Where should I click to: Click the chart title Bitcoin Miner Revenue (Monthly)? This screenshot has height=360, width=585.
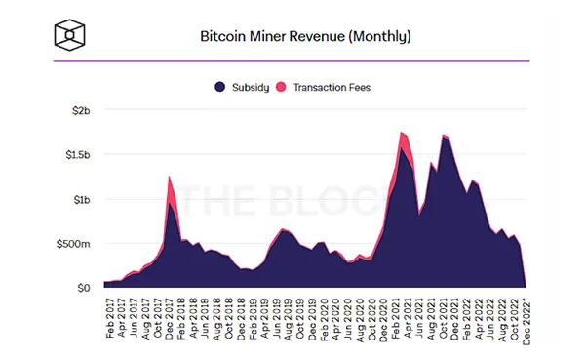[305, 37]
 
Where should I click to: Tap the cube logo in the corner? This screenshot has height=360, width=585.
[70, 35]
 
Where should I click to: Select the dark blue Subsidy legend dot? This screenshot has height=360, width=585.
[220, 87]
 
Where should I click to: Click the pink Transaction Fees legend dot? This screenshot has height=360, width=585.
[281, 87]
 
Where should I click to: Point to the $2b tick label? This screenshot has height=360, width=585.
[81, 110]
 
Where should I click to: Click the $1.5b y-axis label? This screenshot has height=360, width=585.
[78, 154]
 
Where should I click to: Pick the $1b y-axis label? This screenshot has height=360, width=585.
[82, 200]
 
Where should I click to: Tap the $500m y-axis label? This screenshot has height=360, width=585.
[73, 244]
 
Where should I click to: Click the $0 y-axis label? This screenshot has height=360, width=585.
[84, 288]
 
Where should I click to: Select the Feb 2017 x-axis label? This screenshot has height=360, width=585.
[110, 318]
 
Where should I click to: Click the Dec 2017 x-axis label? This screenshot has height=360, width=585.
[170, 319]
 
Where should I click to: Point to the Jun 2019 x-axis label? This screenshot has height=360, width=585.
[277, 318]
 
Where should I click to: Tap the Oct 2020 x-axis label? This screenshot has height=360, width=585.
[372, 319]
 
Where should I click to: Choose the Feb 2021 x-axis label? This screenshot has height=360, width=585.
[396, 318]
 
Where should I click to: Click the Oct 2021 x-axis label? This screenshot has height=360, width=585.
[444, 318]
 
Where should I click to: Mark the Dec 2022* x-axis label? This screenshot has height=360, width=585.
[526, 321]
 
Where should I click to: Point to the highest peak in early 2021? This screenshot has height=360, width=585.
[401, 133]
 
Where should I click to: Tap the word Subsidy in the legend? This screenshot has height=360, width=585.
[251, 88]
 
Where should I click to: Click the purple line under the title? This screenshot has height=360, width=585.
[292, 61]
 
